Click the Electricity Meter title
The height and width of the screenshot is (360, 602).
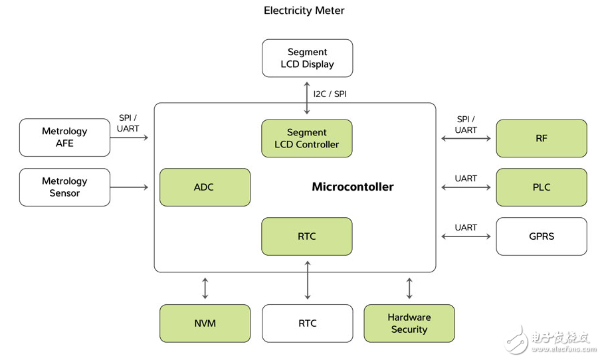304,11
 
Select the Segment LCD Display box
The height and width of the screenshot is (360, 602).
307,58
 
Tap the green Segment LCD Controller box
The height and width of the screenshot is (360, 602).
307,138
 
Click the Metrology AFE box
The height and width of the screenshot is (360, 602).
64,137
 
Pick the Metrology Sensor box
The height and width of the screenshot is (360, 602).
64,187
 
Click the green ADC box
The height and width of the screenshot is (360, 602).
205,187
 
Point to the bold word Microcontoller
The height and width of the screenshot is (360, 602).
353,187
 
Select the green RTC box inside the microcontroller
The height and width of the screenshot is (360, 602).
307,236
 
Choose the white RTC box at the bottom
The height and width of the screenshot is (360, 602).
307,323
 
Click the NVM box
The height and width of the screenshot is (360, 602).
205,323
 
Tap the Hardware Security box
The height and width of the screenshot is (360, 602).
409,323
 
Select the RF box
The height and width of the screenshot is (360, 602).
542,138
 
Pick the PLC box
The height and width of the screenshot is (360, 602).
542,187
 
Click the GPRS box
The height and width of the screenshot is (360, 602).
542,236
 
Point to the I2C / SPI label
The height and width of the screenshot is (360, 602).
330,94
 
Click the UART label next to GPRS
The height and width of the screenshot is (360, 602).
466,227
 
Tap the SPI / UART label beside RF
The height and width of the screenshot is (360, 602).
466,125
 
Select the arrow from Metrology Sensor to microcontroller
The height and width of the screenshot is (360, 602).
130,187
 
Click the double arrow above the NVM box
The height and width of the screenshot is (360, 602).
205,288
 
